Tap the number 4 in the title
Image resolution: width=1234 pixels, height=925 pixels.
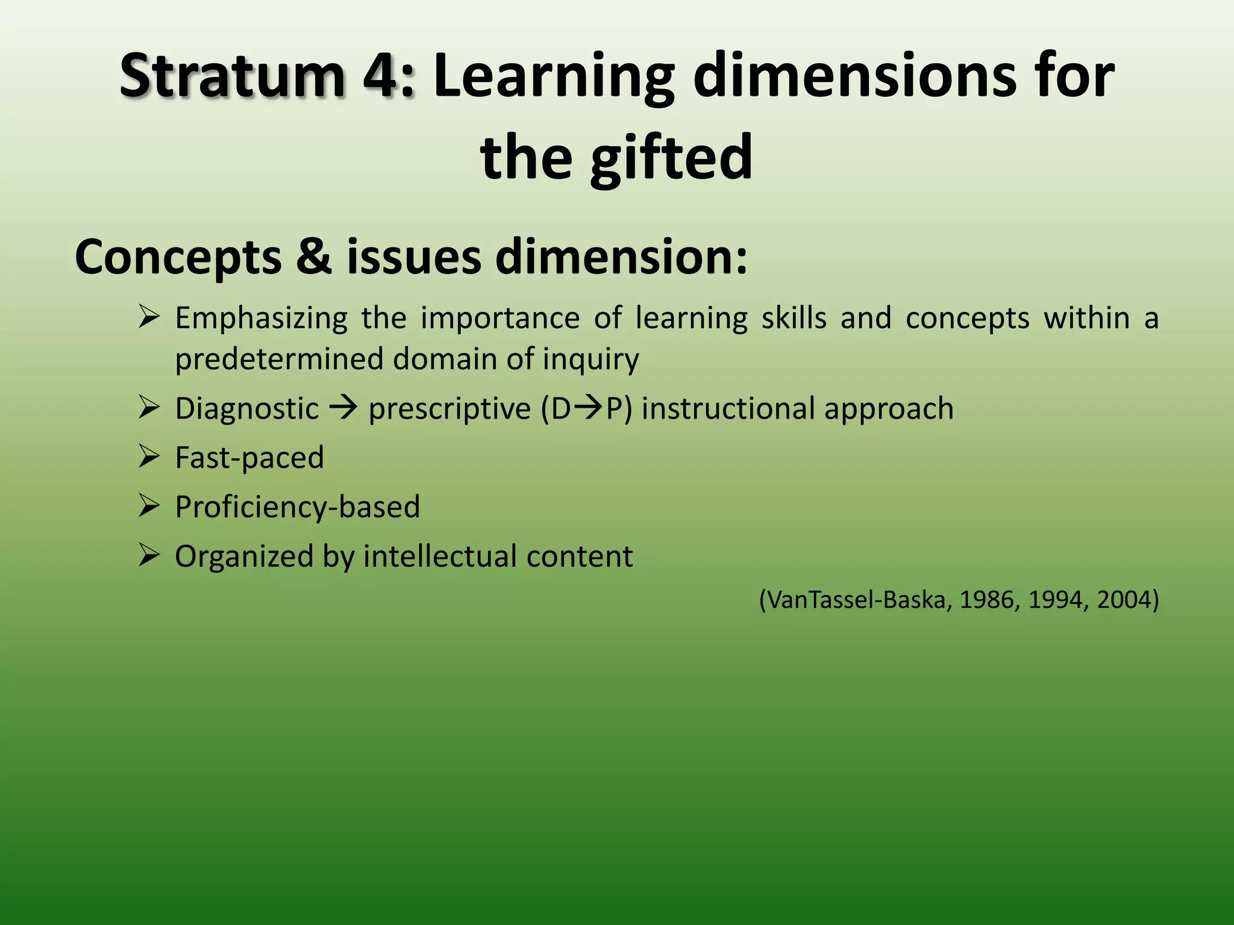pyautogui.click(x=384, y=76)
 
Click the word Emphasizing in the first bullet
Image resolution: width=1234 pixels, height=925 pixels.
pyautogui.click(x=261, y=318)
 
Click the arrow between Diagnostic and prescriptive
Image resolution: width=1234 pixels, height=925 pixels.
pyautogui.click(x=343, y=408)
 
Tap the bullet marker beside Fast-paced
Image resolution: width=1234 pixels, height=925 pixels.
pyautogui.click(x=148, y=456)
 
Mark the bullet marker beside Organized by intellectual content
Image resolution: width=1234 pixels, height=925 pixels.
pyautogui.click(x=148, y=555)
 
